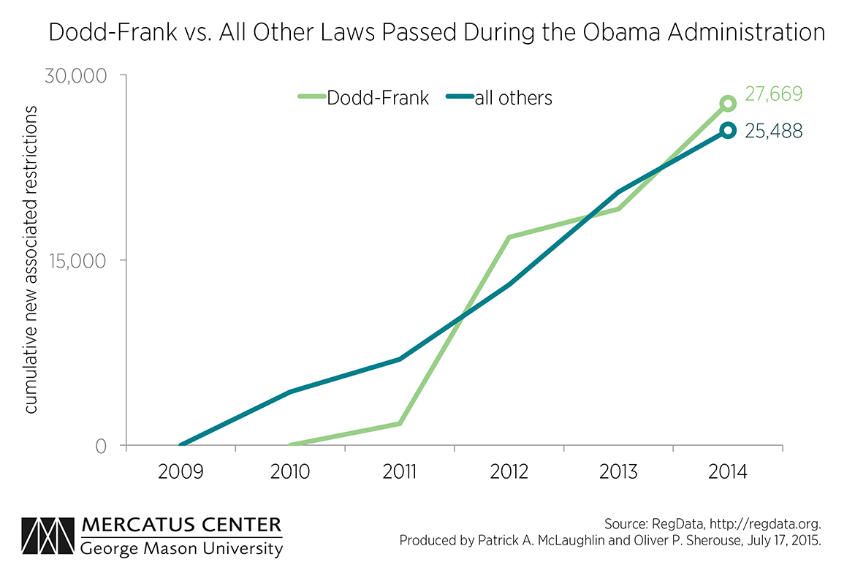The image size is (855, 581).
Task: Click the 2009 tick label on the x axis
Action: click(x=180, y=471)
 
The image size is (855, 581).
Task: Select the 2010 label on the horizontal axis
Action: click(x=289, y=471)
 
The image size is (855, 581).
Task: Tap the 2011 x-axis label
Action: click(x=399, y=471)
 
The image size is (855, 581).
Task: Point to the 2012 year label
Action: click(x=509, y=471)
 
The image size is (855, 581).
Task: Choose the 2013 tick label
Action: click(x=618, y=471)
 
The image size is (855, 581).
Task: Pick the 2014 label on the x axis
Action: click(x=728, y=471)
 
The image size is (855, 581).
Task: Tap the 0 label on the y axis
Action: click(x=101, y=445)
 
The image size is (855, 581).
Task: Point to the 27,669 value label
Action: click(x=774, y=94)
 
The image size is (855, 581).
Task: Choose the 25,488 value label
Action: click(x=774, y=131)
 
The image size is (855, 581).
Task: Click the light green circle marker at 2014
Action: click(x=728, y=103)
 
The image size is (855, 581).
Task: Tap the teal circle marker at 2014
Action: click(x=728, y=131)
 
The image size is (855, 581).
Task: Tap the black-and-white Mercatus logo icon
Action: click(x=47, y=537)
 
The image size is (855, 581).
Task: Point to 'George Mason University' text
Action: click(x=182, y=548)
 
